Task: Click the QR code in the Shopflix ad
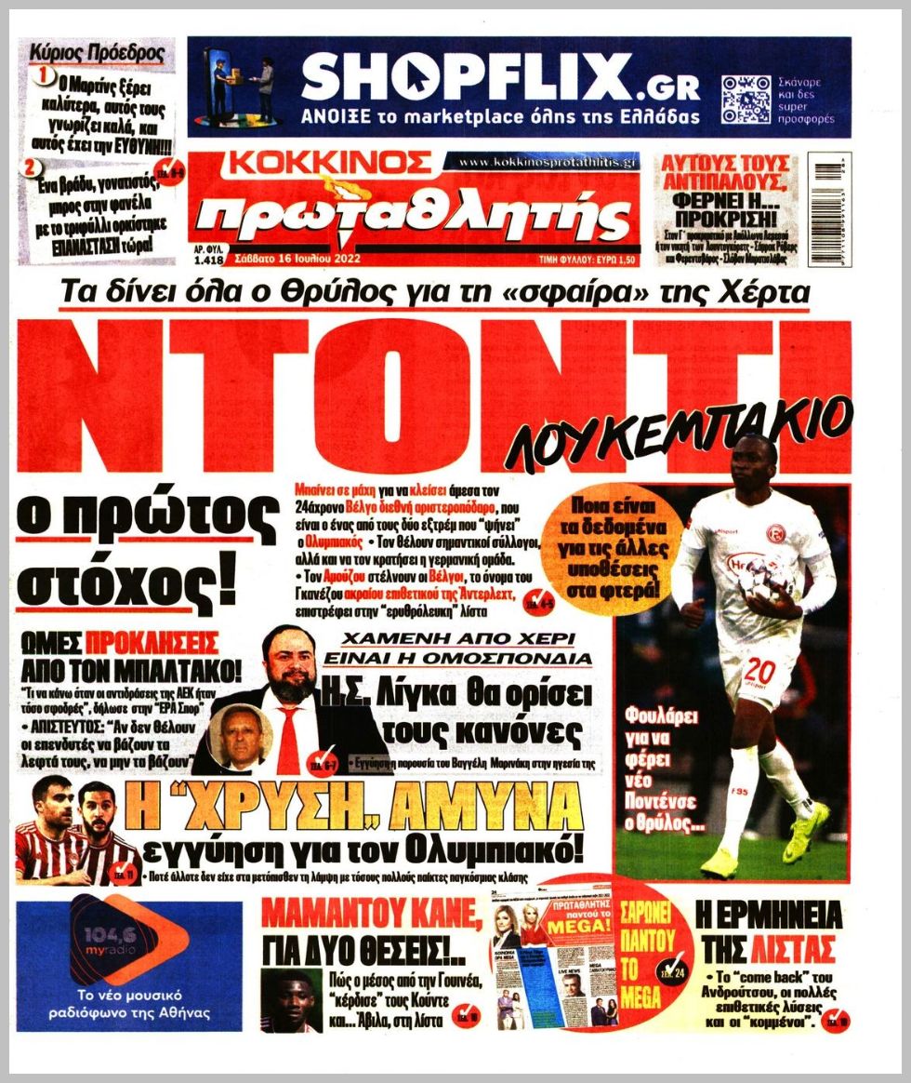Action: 746,100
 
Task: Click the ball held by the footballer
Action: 763,583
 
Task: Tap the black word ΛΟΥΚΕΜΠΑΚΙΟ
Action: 677,430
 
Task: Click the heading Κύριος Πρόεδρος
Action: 98,53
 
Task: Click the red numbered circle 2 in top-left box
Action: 33,167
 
